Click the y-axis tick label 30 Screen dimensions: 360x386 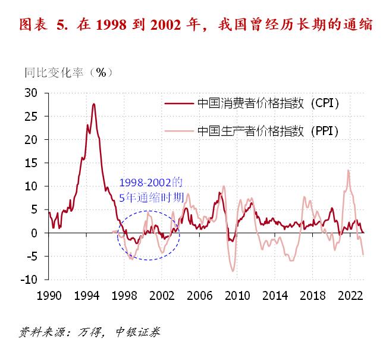coord(30,93)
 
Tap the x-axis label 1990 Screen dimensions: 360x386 coord(49,295)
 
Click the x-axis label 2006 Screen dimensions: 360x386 coord(199,295)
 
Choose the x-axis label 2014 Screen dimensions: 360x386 coord(274,295)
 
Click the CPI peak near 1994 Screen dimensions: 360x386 coord(93,104)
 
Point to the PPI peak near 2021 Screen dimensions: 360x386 coord(348,171)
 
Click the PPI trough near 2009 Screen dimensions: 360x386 coord(233,271)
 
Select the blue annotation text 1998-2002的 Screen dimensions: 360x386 coord(151,183)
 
